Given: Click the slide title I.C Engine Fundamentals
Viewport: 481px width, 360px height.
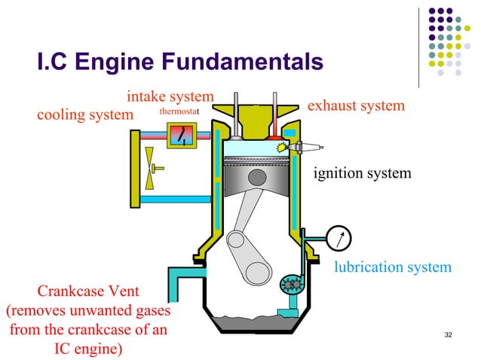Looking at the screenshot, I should click(x=180, y=63).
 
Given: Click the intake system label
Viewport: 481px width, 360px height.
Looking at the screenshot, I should click(x=170, y=97).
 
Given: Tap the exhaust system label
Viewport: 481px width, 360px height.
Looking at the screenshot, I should click(x=356, y=105).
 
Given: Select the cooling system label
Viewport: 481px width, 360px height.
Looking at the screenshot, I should click(x=84, y=116).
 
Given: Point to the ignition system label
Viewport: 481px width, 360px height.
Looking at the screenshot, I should click(x=362, y=174).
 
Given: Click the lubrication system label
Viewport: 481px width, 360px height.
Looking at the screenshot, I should click(x=392, y=267).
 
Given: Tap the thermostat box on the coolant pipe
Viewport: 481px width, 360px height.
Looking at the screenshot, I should click(x=181, y=136).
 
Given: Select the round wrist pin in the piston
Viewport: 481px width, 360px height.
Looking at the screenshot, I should click(x=258, y=177).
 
